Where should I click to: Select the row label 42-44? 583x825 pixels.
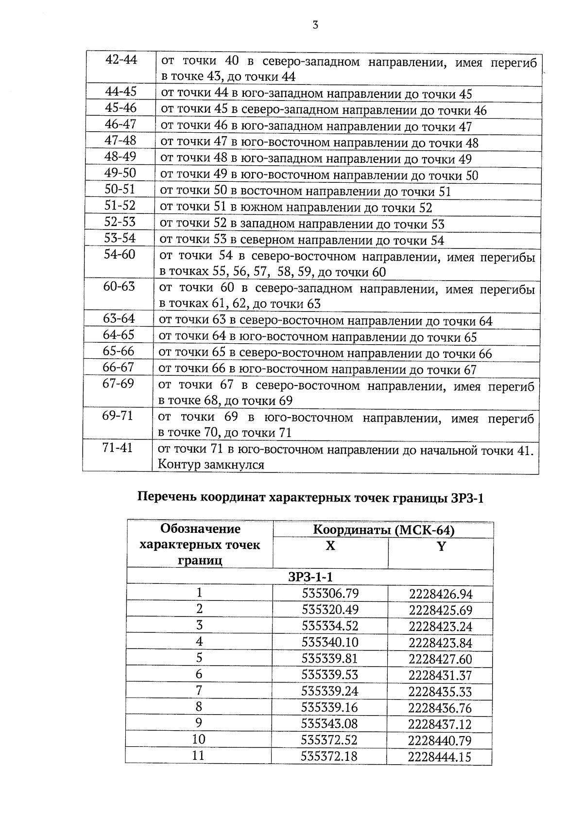[x=121, y=60]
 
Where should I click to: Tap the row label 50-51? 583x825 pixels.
[x=120, y=189]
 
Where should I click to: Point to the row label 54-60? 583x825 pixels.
[x=120, y=254]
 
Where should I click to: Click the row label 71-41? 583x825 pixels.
[x=118, y=448]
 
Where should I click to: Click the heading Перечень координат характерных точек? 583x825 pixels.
[x=311, y=497]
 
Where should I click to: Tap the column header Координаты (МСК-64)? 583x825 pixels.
[x=383, y=530]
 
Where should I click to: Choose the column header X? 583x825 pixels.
[x=330, y=546]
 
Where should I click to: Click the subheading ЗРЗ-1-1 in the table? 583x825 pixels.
[x=310, y=577]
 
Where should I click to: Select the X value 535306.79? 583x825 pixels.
[x=330, y=593]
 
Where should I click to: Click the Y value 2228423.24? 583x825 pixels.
[x=440, y=626]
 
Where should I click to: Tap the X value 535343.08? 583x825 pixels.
[x=329, y=723]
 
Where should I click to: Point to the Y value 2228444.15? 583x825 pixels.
[x=440, y=756]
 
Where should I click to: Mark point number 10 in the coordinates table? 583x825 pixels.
[x=199, y=739]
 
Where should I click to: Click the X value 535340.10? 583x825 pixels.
[x=330, y=642]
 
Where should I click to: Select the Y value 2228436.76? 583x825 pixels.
[x=440, y=708]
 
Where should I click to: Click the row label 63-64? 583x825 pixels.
[x=119, y=319]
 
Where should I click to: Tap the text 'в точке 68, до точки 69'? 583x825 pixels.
[x=225, y=401]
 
